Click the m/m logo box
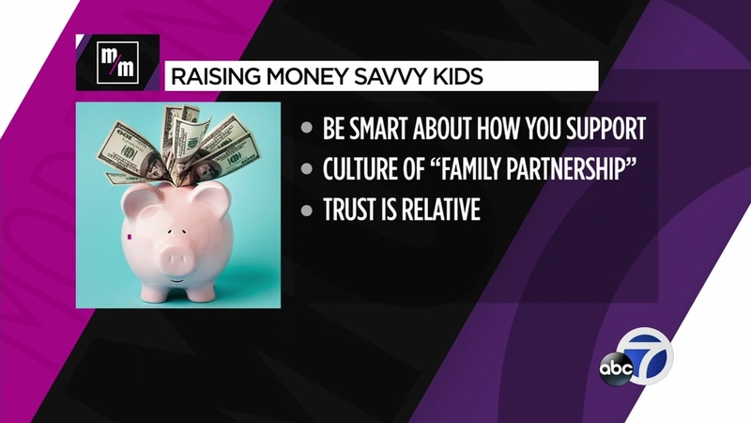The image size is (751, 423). point(118,62)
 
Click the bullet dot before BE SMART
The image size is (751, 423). point(307,129)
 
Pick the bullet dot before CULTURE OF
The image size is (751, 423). point(307,169)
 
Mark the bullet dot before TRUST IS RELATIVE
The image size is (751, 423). point(307,210)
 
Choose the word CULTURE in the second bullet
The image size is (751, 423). point(360,169)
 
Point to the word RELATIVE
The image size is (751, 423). point(440,210)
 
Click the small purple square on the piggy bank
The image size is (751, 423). point(129,236)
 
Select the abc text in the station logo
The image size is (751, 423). point(616,368)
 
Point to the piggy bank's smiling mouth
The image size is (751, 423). point(177,281)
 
